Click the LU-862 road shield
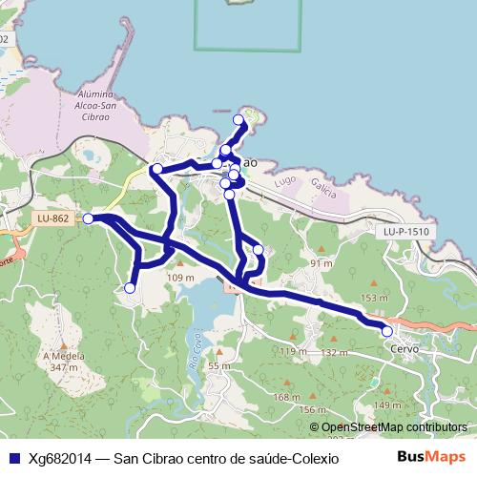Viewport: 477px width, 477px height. [53, 218]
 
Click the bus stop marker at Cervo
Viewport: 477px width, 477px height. [387, 331]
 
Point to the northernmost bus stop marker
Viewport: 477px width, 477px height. [238, 119]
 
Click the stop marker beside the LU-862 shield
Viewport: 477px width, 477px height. [88, 218]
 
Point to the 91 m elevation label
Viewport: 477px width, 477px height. [321, 262]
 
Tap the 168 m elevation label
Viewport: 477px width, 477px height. [286, 396]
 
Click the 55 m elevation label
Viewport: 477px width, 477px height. [219, 365]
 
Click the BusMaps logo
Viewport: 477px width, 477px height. [438, 457]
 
